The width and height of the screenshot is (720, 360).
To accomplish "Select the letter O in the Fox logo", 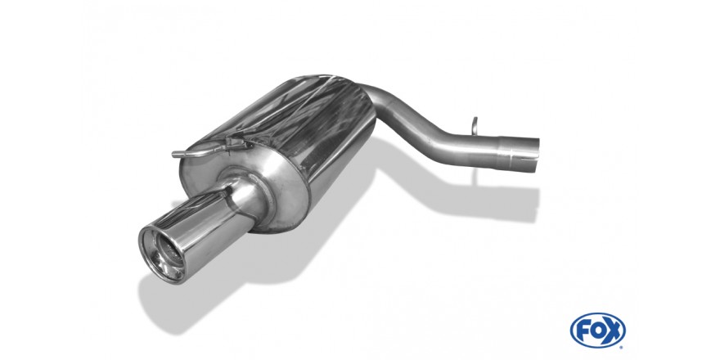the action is coord(598,331).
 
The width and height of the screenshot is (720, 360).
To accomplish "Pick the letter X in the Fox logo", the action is coord(614,331).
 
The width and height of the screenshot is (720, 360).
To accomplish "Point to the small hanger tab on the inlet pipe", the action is coord(475,126).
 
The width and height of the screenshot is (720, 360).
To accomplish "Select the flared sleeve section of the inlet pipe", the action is coord(519,153).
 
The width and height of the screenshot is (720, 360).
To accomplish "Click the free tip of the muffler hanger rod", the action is coord(174,155).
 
